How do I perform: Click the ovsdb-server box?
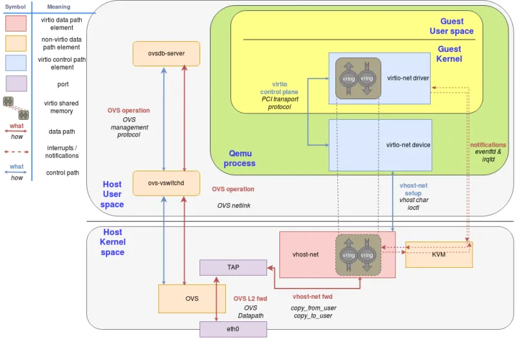pos(166,53)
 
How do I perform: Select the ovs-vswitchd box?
pos(166,183)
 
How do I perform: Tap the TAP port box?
pos(233,267)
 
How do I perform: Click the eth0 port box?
pos(233,329)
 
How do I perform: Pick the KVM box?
pos(438,254)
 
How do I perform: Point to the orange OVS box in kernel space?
pos(192,299)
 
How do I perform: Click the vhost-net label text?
pos(306,254)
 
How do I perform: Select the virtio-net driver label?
pos(407,79)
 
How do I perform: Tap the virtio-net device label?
pos(408,145)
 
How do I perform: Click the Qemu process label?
pos(239,158)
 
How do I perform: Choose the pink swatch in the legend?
pos(15,24)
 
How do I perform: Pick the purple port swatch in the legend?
pos(15,84)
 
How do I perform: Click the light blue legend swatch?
pos(15,62)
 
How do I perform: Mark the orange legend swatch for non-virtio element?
pos(15,43)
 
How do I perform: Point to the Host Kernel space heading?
pos(113,242)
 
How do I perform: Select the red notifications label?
pos(488,145)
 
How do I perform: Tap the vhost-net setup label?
pos(413,189)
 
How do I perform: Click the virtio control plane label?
pos(279,88)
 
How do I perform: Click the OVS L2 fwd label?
pos(250,298)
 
